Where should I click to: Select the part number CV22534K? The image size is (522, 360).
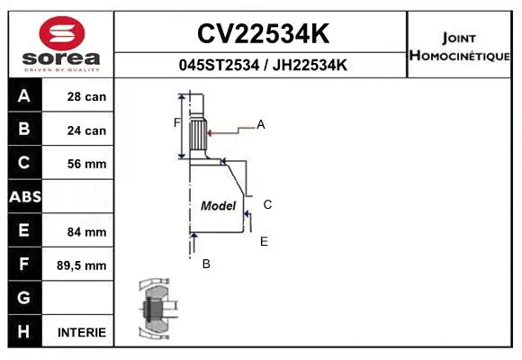(x=262, y=34)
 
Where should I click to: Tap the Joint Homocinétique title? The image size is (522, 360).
(x=462, y=46)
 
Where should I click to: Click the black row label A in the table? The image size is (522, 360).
(x=24, y=96)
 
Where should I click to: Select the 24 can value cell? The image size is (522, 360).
(x=86, y=130)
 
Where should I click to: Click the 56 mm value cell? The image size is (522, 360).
(x=86, y=164)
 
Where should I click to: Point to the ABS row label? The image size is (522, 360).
(x=24, y=197)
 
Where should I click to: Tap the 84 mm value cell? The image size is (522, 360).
(x=86, y=231)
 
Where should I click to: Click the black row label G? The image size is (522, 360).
(x=24, y=298)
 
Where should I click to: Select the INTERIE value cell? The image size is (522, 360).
(x=82, y=332)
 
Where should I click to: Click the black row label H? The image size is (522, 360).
(x=24, y=331)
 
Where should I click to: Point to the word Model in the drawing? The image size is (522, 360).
(x=218, y=205)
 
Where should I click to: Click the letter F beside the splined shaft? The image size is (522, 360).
(x=177, y=122)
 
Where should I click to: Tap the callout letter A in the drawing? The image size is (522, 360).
(x=261, y=125)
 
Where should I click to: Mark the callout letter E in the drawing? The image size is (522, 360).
(x=264, y=241)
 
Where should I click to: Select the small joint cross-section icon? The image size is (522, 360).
(x=155, y=310)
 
